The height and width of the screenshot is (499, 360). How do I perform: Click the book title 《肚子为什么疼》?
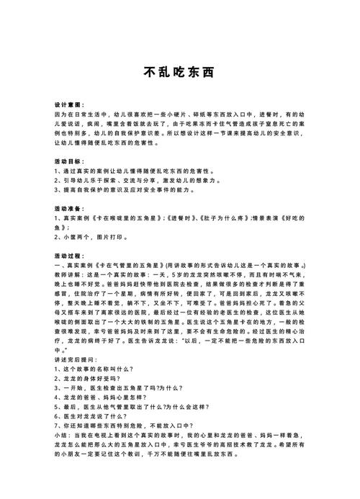(x=220, y=217)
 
